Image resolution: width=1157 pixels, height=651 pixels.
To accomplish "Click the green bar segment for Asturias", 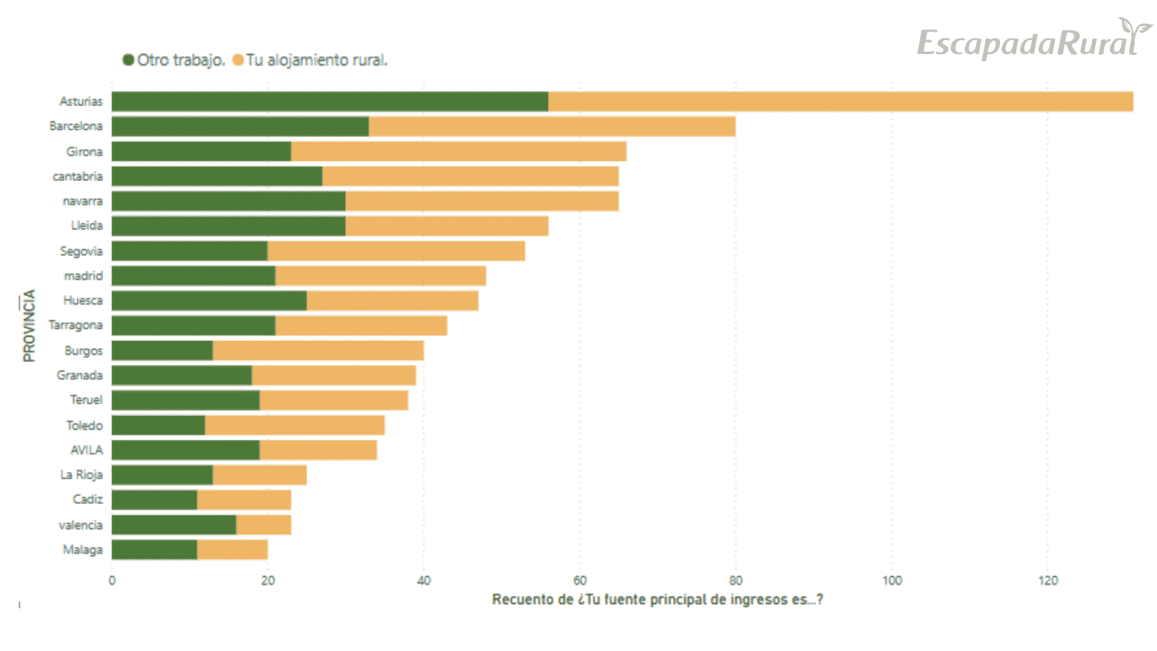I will coord(329,101).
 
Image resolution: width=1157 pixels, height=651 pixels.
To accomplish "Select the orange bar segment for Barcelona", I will coord(551,126).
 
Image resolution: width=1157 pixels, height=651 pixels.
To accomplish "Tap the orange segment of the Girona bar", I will coord(458,152).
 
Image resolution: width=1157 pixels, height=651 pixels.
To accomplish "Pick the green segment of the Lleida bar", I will coord(228,226).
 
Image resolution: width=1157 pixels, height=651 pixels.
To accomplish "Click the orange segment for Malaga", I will coord(232,550).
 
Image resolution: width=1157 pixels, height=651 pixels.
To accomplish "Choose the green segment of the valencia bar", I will coord(173,525).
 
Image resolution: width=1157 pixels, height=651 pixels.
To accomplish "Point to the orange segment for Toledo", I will coord(294,425).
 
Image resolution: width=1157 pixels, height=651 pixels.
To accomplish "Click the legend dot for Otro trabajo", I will coord(128,60).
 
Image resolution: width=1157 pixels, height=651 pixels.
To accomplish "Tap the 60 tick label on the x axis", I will coord(579,581).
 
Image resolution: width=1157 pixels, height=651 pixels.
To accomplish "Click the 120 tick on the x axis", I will coord(1047,581).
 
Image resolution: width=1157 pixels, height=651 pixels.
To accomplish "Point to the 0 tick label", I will coord(112,581).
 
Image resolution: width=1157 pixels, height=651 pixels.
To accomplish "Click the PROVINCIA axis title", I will coord(29,325).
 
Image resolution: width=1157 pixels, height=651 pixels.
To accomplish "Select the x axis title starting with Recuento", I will coord(657,599).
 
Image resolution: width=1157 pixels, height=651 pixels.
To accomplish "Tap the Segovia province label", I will coord(81,251).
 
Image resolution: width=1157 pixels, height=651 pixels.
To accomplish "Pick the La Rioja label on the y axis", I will coord(81,475).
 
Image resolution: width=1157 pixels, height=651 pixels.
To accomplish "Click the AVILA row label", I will coord(87,450).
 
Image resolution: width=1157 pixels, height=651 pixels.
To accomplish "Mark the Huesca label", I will coord(83,301).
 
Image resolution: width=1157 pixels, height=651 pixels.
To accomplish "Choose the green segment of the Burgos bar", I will coord(162,350).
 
